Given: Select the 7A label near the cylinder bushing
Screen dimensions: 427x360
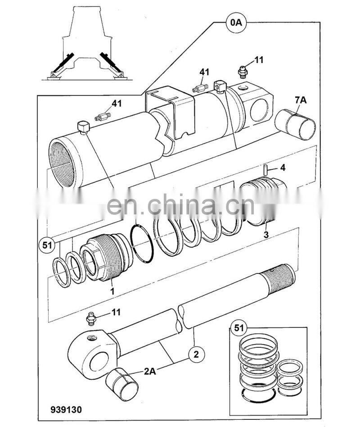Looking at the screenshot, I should pyautogui.click(x=301, y=100).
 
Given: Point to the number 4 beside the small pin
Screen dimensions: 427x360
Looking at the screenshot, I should pyautogui.click(x=283, y=168).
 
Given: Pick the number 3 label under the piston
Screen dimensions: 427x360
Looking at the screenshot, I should pyautogui.click(x=266, y=235).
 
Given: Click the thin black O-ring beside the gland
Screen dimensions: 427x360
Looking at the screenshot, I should pyautogui.click(x=144, y=244).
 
